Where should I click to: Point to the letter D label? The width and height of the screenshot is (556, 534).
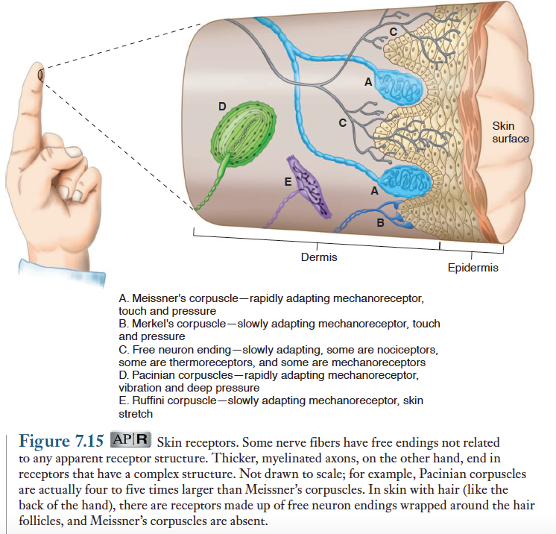click(x=221, y=106)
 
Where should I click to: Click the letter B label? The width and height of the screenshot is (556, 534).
click(x=380, y=222)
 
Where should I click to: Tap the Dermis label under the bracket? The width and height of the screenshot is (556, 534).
click(x=318, y=257)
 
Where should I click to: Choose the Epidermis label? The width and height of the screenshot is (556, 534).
click(x=473, y=267)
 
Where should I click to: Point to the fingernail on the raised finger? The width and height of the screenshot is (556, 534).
click(x=40, y=74)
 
